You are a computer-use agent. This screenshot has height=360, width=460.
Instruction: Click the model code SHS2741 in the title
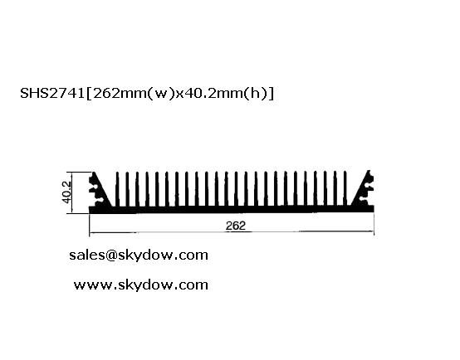52,93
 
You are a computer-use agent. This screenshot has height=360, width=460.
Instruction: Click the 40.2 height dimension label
67,192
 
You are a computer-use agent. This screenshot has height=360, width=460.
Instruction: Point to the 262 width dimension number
236,226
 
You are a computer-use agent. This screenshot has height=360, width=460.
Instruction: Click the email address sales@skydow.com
139,255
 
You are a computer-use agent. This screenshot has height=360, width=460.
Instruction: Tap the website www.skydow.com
141,285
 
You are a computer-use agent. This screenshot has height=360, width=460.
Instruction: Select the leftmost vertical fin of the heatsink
118,189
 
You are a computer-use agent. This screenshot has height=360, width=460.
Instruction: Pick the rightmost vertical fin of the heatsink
345,189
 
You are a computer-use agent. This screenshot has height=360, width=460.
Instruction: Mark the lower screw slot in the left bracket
99,200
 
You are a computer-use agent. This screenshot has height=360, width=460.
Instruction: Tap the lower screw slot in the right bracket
364,199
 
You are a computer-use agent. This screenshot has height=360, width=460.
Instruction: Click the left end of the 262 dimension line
90,233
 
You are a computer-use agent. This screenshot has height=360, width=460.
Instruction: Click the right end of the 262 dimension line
374,231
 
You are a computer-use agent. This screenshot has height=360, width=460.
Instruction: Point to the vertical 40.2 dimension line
72,192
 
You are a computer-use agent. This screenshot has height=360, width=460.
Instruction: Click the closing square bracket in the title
272,94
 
